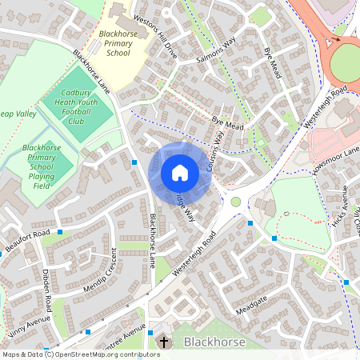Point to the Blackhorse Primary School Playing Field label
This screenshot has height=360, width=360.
coord(42,166)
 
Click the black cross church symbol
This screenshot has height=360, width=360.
coord(164,342)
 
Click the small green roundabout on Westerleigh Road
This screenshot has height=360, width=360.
coord(236,202)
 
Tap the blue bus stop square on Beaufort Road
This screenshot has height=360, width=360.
coord(60,232)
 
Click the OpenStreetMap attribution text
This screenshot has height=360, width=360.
coord(81,354)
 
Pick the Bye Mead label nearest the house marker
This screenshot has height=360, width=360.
coord(227,122)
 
